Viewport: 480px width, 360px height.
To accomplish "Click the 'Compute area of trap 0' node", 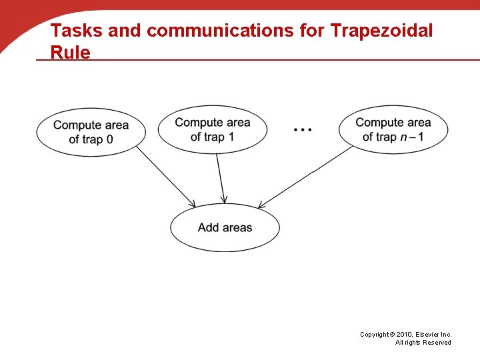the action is tap(91, 132).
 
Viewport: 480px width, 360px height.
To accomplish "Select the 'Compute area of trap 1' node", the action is tap(213, 129).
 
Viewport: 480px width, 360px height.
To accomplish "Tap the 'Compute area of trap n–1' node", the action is tap(393, 129).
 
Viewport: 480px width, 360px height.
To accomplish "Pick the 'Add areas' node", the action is tap(225, 228).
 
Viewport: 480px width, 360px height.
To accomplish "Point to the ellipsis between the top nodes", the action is tap(303, 129).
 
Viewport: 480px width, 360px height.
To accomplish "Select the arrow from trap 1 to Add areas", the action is tap(221, 177).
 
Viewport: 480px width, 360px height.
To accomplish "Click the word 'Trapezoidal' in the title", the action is tap(382, 31).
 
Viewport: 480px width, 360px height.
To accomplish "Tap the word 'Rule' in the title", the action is tap(71, 52).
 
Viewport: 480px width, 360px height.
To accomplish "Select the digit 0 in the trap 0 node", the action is tap(109, 139).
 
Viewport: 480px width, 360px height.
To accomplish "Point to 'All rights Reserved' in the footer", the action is tap(423, 343).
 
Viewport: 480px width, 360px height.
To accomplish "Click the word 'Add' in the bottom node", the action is tap(208, 228).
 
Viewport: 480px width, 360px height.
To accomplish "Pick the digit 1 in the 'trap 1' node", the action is tap(231, 137).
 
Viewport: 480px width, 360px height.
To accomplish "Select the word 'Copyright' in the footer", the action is tap(375, 334).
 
